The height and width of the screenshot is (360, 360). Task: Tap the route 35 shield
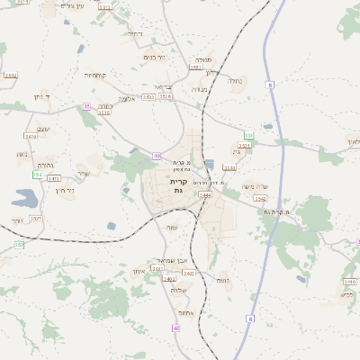click(87, 106)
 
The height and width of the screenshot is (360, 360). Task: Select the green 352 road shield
click(19, 245)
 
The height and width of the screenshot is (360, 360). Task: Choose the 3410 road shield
click(54, 177)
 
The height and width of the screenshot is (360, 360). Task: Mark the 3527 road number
click(36, 219)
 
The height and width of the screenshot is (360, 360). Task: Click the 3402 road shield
click(168, 279)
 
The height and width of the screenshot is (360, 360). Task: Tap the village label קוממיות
click(97, 76)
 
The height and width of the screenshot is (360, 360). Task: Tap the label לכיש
click(347, 294)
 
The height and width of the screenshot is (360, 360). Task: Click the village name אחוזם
click(185, 312)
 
